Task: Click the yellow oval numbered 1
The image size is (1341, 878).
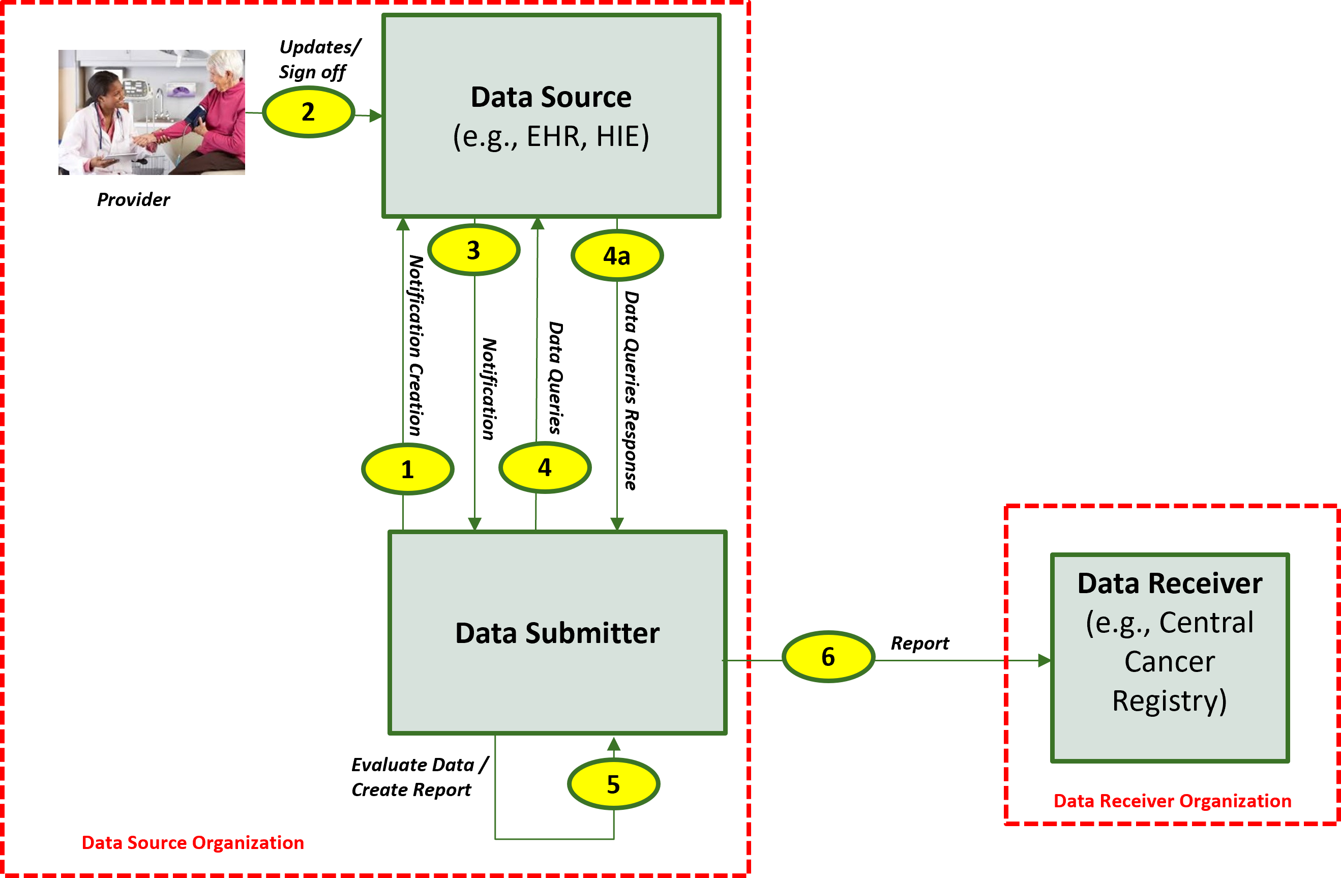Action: pyautogui.click(x=407, y=469)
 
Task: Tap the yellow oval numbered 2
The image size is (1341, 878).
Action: pyautogui.click(x=308, y=111)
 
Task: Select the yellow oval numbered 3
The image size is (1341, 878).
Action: pyautogui.click(x=473, y=250)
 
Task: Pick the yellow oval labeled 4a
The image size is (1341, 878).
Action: pyautogui.click(x=616, y=256)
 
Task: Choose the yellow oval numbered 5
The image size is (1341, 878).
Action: pyautogui.click(x=613, y=784)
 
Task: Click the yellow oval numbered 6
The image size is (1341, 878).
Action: pyautogui.click(x=828, y=657)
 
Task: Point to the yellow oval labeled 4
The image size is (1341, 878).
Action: pyautogui.click(x=544, y=467)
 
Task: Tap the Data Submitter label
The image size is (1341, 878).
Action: pyautogui.click(x=557, y=633)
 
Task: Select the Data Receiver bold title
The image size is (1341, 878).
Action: pyautogui.click(x=1169, y=583)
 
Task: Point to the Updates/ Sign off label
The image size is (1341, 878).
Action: pyautogui.click(x=319, y=59)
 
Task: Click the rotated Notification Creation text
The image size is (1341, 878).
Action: pyautogui.click(x=416, y=345)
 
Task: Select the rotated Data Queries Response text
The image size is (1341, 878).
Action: pyautogui.click(x=631, y=390)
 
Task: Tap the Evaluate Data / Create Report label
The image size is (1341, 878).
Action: pyautogui.click(x=419, y=777)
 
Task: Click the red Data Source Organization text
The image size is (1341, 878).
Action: pyautogui.click(x=193, y=842)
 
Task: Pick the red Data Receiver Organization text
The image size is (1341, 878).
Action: pyautogui.click(x=1172, y=801)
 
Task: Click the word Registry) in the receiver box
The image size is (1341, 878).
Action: pyautogui.click(x=1169, y=700)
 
